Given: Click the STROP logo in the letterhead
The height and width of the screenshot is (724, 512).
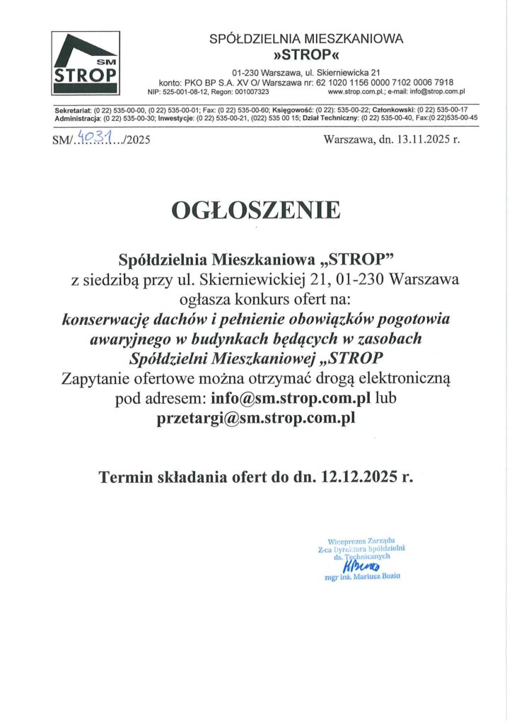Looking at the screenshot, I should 86,64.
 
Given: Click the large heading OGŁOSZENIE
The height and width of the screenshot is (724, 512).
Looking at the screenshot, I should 256,210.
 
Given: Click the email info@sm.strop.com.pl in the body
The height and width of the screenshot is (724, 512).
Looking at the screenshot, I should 291,399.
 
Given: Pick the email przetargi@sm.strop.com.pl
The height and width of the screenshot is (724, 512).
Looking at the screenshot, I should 255,418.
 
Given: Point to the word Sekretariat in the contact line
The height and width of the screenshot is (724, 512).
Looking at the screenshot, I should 74,110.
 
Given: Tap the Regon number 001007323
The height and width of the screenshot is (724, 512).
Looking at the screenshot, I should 251,92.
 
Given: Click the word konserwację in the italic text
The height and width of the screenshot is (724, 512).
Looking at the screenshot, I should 104,319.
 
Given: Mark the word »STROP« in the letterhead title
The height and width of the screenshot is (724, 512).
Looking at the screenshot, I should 306,54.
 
